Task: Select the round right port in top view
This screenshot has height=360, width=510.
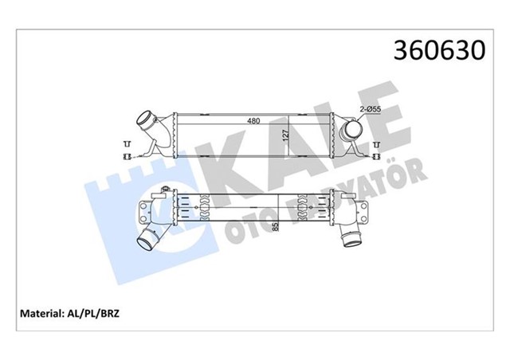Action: (351, 129)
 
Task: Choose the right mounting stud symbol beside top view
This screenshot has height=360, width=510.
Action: (376, 149)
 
